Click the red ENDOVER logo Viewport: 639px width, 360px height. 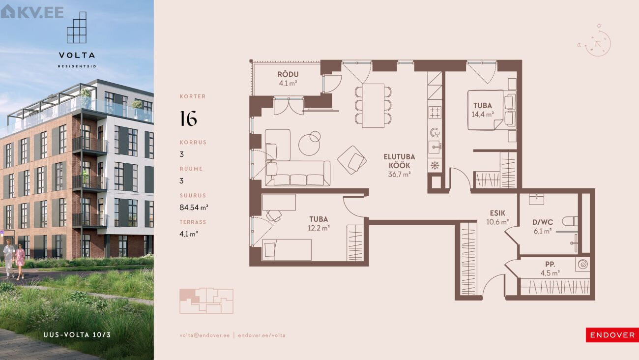click(612, 335)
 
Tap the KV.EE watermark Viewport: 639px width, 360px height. click(32, 12)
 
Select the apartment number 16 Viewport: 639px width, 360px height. click(188, 119)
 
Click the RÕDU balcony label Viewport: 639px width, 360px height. click(288, 79)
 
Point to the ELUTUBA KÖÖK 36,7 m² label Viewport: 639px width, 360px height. click(399, 165)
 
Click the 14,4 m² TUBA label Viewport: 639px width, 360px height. click(483, 110)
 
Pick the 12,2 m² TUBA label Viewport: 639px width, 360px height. click(319, 224)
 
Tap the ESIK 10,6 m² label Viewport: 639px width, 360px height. click(497, 217)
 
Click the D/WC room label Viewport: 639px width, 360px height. click(543, 227)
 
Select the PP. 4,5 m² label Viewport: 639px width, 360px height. click(550, 269)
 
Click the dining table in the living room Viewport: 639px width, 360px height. click(373, 106)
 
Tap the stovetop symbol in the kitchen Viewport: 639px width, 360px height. click(435, 112)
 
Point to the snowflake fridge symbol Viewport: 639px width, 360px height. click(435, 165)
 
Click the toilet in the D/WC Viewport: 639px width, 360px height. click(570, 221)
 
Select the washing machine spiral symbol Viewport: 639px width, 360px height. click(582, 264)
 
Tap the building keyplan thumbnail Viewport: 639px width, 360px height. click(206, 300)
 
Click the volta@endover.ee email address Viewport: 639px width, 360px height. click(204, 335)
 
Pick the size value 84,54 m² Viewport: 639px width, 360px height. click(194, 208)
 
